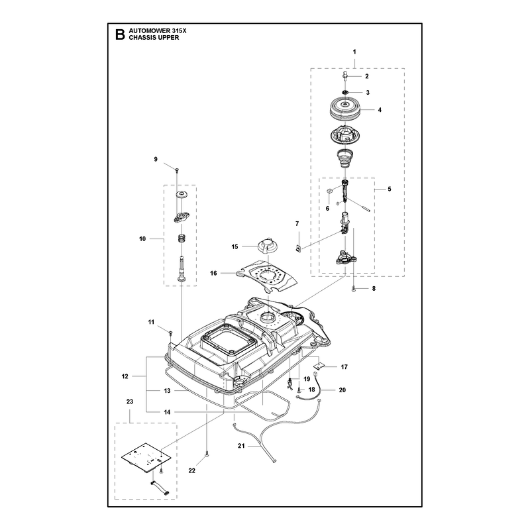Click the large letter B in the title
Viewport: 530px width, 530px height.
pos(120,34)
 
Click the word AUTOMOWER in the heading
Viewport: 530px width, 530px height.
pos(147,30)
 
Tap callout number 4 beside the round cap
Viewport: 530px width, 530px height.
pos(380,110)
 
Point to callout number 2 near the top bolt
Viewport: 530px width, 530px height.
pos(367,76)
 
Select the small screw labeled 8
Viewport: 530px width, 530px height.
pos(354,288)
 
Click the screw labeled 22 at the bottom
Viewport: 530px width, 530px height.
pos(206,454)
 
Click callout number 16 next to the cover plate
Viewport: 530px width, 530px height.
pos(213,273)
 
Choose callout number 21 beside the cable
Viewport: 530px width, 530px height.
pos(241,446)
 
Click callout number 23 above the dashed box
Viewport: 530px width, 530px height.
pos(130,401)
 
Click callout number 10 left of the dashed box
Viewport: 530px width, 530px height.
pos(142,239)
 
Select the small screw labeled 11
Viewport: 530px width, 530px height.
pos(171,333)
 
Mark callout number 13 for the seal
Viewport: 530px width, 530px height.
pos(167,391)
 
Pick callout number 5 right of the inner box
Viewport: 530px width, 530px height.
pos(390,189)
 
